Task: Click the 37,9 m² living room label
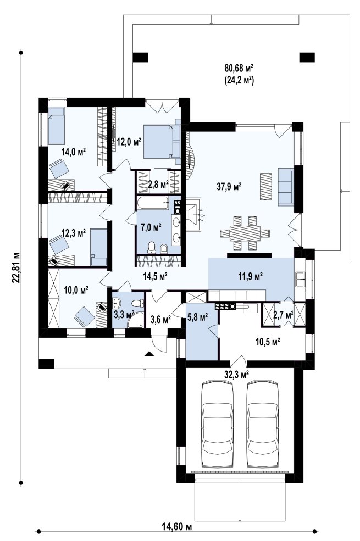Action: [229, 187]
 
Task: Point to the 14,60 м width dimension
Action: [176, 527]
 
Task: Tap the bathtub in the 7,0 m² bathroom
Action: [153, 203]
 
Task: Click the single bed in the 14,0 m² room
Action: [56, 126]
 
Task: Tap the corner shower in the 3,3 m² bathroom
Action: [136, 320]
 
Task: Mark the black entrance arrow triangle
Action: [149, 353]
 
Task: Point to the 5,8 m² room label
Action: [197, 316]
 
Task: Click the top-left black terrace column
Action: [140, 57]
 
